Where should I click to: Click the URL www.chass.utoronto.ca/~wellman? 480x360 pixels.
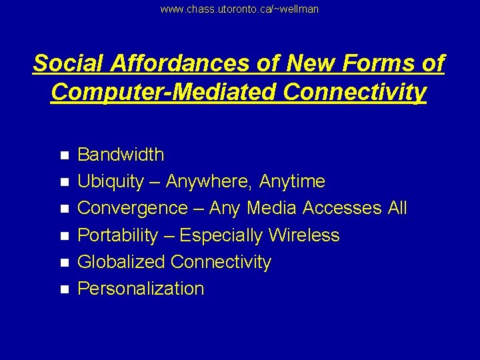point(239,9)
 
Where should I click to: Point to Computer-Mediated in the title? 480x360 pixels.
point(163,92)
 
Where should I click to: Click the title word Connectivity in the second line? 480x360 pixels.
point(354,92)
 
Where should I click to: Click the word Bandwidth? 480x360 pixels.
point(121,155)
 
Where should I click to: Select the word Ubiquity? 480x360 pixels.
point(111,181)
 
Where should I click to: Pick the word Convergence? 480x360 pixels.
point(133,208)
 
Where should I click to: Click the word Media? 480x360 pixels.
point(272,208)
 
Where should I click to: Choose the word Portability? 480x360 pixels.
point(118,235)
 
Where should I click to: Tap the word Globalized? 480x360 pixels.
point(121,262)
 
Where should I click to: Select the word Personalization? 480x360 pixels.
point(141,289)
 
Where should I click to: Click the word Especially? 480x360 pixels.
point(222,235)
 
